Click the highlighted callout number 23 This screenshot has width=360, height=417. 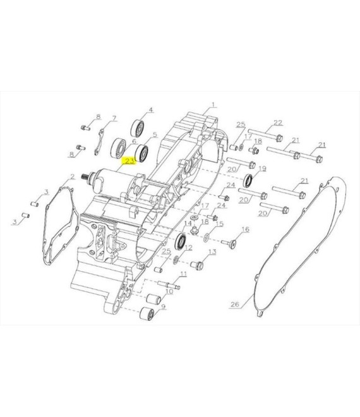point(129,161)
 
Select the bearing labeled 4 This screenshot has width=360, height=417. point(138,129)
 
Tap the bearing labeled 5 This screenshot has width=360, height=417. point(141,154)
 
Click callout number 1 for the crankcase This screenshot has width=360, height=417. point(213,104)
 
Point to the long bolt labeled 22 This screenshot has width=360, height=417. point(265,135)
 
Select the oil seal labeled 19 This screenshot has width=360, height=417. point(249,181)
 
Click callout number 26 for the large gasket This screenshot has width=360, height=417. point(234,304)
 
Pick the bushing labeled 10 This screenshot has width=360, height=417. point(153,299)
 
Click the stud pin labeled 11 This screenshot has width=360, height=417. point(169,284)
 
